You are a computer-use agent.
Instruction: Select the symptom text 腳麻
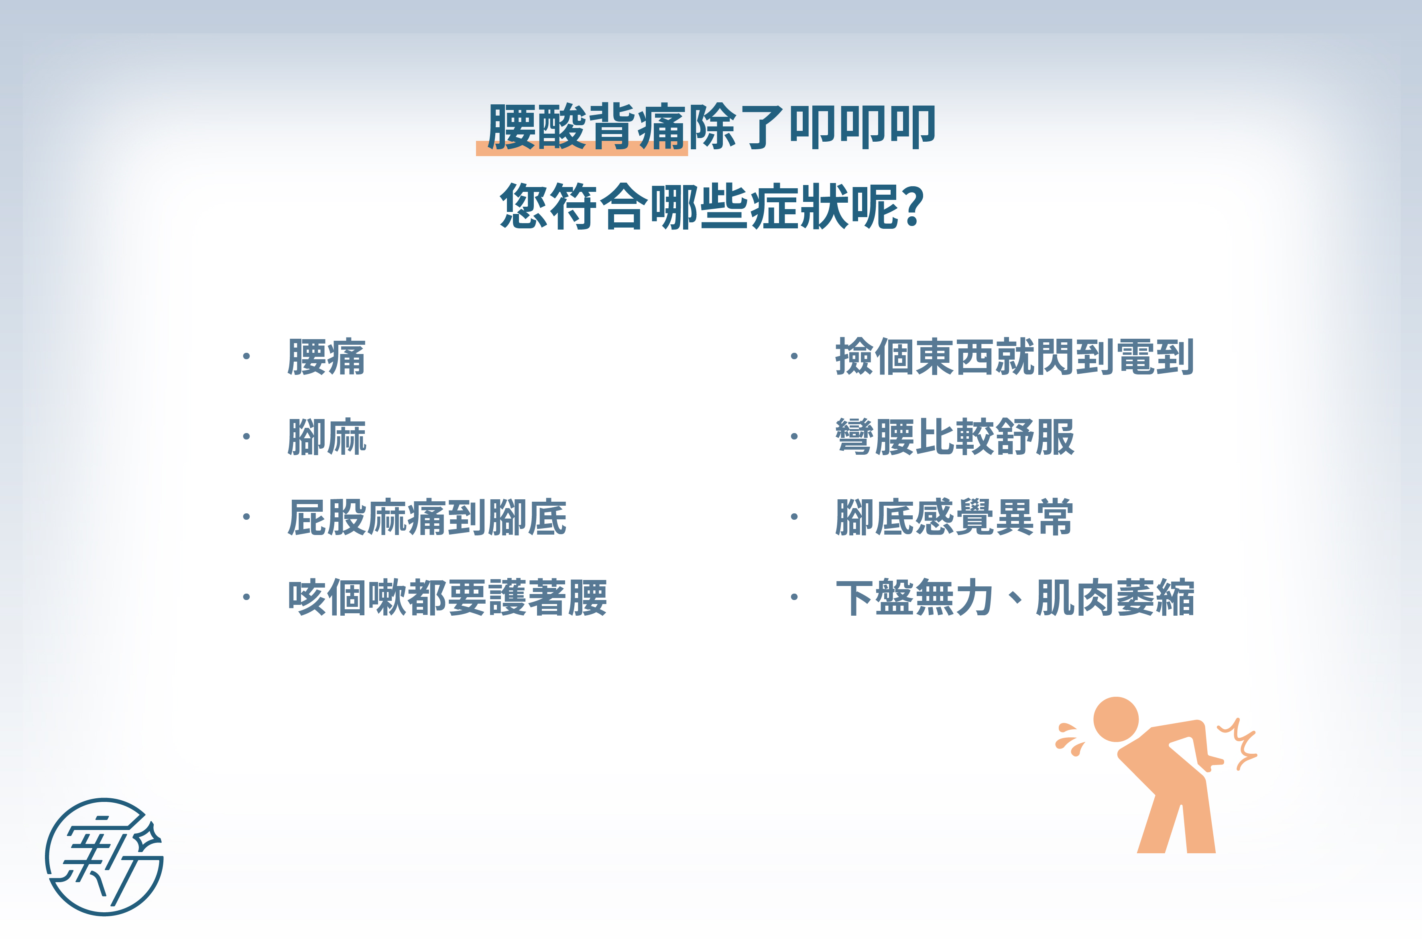pyautogui.click(x=326, y=437)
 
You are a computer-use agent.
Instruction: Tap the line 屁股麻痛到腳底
pyautogui.click(x=427, y=517)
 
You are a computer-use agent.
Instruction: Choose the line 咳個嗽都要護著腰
pyautogui.click(x=448, y=597)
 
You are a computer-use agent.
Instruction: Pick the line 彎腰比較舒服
pyautogui.click(x=955, y=437)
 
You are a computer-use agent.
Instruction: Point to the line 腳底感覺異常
pyautogui.click(x=954, y=517)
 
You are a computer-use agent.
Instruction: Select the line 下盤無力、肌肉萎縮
pyautogui.click(x=1015, y=597)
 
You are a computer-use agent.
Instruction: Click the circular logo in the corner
pyautogui.click(x=104, y=857)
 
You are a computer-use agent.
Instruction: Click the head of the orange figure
pyautogui.click(x=1116, y=720)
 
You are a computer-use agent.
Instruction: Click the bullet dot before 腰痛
pyautogui.click(x=246, y=356)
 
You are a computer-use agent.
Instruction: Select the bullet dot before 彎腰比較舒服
pyautogui.click(x=794, y=437)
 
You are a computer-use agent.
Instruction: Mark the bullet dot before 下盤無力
pyautogui.click(x=794, y=597)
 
